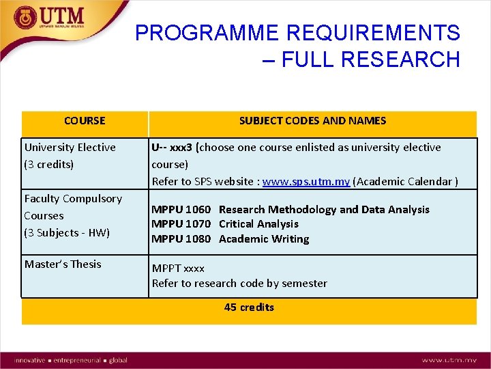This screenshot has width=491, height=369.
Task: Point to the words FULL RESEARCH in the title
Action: (370, 60)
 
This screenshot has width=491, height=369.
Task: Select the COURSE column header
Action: (85, 121)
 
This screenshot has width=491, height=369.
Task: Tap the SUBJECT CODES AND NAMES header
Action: (312, 121)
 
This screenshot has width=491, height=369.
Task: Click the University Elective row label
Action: (70, 147)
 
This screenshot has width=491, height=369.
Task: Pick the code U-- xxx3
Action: (172, 147)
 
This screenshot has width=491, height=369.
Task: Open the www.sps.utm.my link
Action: (306, 182)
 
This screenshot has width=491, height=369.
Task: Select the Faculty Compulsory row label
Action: (73, 199)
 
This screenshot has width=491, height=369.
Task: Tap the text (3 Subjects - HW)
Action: (67, 232)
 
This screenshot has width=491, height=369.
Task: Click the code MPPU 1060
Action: (181, 210)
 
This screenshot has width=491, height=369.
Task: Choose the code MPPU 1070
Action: (181, 224)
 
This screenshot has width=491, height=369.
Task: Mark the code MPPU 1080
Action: (181, 239)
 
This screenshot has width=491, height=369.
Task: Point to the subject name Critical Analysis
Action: (258, 224)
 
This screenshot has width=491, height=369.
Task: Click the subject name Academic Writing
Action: (264, 239)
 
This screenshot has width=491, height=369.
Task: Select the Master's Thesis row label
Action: (63, 264)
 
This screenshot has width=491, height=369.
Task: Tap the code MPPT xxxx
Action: (178, 269)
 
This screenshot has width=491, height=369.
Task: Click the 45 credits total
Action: (249, 307)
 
